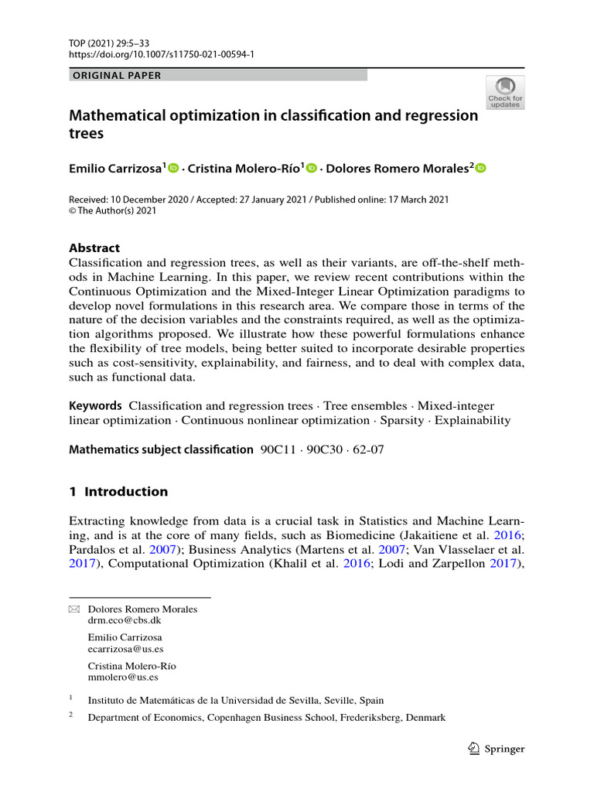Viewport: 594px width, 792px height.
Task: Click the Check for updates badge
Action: click(x=504, y=92)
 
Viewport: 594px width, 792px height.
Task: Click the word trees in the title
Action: click(x=87, y=133)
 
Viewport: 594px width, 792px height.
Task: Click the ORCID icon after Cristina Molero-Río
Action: click(x=312, y=169)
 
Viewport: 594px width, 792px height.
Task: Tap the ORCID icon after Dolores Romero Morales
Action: click(x=480, y=169)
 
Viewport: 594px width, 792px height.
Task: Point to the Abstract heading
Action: click(x=94, y=248)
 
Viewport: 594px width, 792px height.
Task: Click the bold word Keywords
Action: click(x=95, y=405)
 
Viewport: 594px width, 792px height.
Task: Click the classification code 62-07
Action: click(x=368, y=449)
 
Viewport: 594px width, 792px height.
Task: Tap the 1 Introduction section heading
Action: click(x=118, y=491)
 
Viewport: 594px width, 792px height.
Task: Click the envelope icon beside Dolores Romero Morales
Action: click(x=74, y=609)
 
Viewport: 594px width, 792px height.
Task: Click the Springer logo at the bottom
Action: click(x=497, y=749)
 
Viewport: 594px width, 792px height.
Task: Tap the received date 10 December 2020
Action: click(x=148, y=200)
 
